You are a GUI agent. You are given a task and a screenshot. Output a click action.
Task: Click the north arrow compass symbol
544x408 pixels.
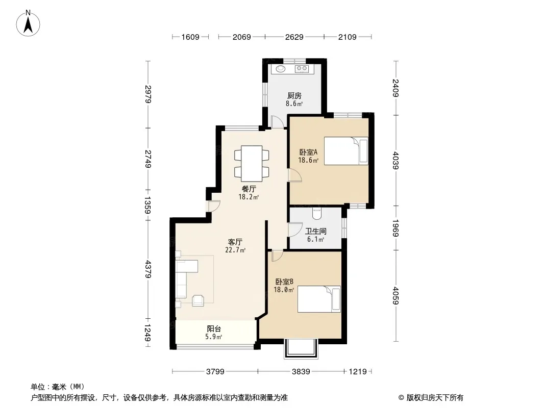coord(28,23)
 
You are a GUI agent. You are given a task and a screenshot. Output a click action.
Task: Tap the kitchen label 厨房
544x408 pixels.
coord(294,96)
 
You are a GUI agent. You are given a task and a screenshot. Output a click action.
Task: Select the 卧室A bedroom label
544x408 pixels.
coord(308,152)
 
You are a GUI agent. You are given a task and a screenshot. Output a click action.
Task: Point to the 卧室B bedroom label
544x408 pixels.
coord(284,282)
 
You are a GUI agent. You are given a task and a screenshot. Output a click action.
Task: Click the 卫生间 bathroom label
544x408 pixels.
coord(316,231)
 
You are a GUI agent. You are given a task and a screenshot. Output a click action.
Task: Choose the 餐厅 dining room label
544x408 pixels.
coord(249,189)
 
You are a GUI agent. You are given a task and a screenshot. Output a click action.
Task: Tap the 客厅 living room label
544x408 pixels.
coord(235,242)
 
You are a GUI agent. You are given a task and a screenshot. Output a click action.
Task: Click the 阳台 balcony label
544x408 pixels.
coord(214,328)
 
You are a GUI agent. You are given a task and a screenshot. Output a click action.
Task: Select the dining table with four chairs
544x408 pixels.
coord(252,163)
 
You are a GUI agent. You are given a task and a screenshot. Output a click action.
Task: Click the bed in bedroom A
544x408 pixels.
coord(346,151)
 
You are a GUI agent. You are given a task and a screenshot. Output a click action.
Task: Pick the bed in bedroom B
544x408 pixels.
coord(319,299)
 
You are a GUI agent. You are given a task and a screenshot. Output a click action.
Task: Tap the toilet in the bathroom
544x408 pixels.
coord(317,214)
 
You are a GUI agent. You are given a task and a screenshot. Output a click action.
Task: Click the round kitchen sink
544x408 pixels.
coord(281,69)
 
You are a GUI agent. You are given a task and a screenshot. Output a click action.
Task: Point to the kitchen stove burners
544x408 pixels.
coord(302,69)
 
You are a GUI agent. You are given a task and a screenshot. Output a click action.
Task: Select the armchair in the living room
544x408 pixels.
coord(198,300)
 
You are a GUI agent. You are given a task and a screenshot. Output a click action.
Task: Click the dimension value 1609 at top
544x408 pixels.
coord(190,37)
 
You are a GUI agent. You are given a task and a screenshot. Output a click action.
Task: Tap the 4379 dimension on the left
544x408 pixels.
coord(148,269)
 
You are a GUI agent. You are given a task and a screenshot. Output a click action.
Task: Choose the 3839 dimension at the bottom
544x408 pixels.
coord(301,372)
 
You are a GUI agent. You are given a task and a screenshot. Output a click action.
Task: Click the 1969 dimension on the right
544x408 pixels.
coord(395,228)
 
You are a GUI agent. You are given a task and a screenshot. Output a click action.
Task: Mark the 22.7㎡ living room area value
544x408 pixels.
coord(235,250)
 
